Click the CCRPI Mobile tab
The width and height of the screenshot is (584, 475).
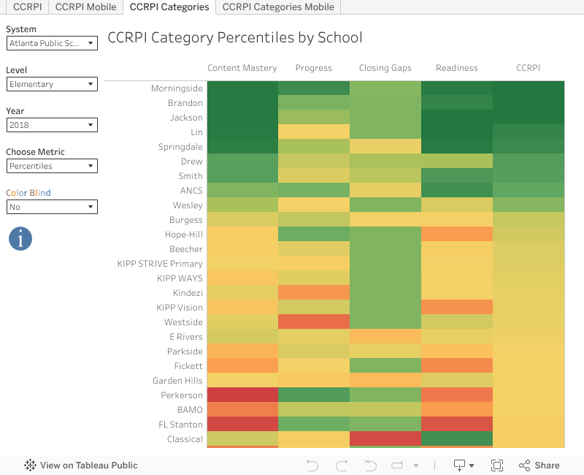[x=85, y=7]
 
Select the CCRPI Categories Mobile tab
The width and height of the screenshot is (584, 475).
[x=278, y=7]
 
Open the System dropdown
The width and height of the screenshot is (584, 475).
[x=52, y=43]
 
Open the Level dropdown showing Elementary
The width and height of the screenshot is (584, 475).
[x=52, y=84]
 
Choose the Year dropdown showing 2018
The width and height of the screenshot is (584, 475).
[x=52, y=125]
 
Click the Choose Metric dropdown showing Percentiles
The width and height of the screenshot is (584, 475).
[x=52, y=166]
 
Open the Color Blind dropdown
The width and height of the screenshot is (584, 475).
[x=52, y=207]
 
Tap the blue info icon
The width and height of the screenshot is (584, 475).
[x=20, y=238]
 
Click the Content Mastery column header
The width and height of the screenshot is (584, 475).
[x=242, y=68]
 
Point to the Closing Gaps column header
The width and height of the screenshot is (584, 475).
[x=385, y=68]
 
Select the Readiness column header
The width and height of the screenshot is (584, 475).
[x=457, y=68]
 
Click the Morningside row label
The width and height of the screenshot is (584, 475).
[x=177, y=88]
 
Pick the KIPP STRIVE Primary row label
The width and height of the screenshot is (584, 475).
[x=160, y=264]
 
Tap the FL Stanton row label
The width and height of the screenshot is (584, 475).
[x=180, y=425]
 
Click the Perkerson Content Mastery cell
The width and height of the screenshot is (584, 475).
[x=242, y=395]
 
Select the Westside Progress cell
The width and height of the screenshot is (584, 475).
[x=314, y=322]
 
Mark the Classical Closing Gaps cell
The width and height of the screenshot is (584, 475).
[x=385, y=438]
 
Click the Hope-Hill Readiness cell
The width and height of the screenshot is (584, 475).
[x=457, y=235]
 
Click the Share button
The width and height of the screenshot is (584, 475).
[x=539, y=465]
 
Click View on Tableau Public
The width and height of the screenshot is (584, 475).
[x=81, y=465]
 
